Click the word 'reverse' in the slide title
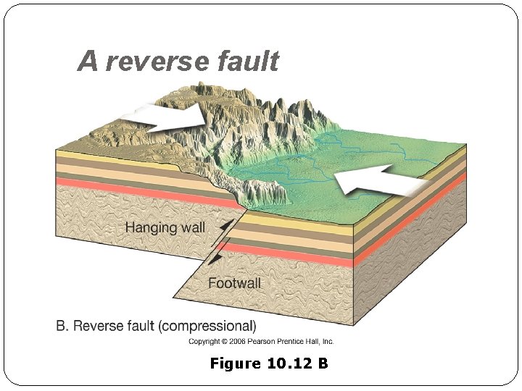[x=149, y=62]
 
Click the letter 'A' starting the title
[x=87, y=62]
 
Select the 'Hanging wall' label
[x=165, y=227]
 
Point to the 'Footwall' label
[x=234, y=283]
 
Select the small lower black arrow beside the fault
[x=215, y=256]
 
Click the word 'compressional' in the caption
[x=215, y=326]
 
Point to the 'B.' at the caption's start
[x=62, y=326]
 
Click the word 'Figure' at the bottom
[x=233, y=363]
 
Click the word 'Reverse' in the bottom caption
[x=95, y=326]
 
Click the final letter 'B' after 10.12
[x=323, y=363]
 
